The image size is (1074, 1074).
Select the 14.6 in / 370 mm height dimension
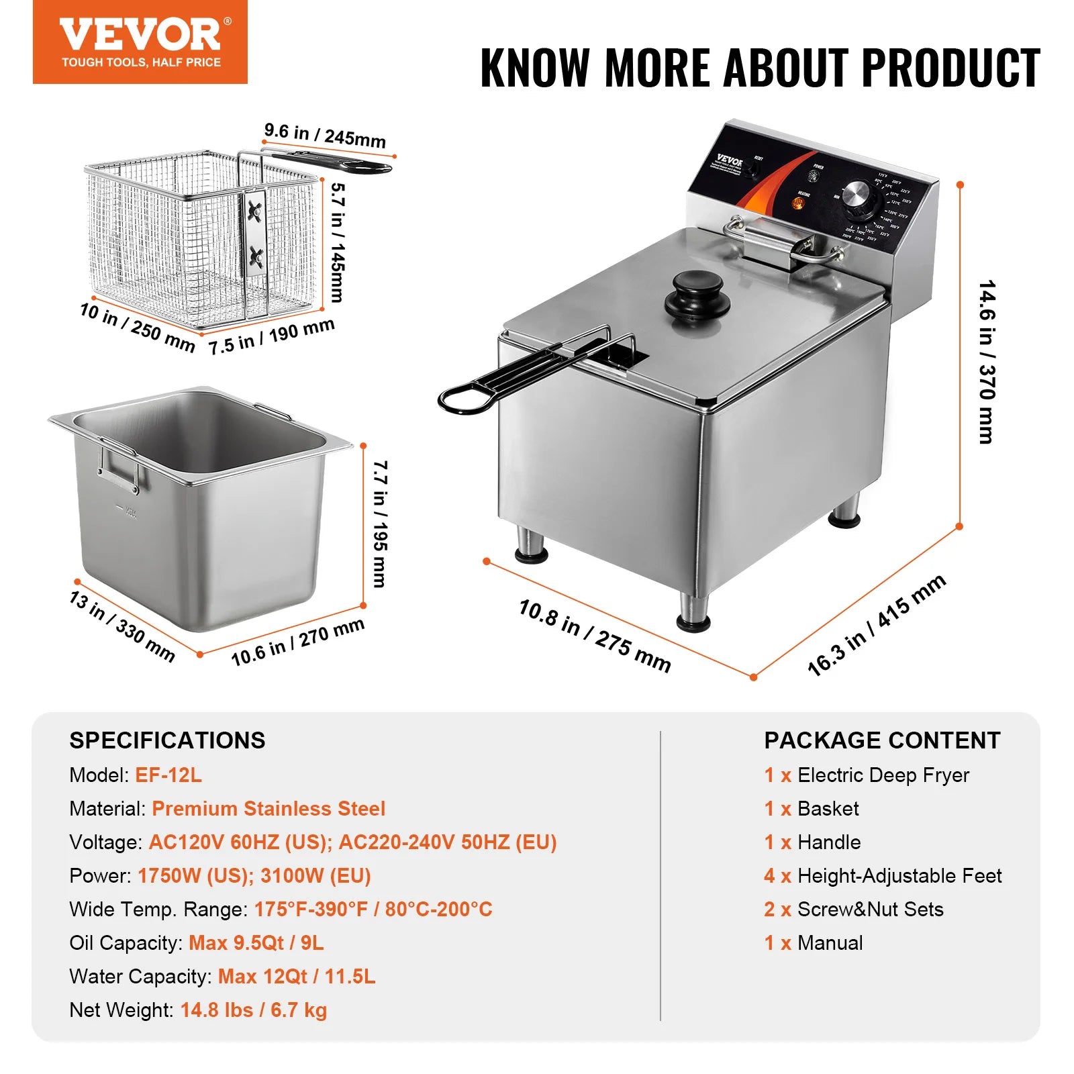(x=986, y=362)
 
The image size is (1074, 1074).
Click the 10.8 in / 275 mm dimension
(x=595, y=635)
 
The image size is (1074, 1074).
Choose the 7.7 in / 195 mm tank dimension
(x=380, y=524)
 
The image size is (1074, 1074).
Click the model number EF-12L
(x=168, y=775)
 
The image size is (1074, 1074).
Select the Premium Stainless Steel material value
(x=268, y=809)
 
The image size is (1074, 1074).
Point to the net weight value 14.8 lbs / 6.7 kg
(x=254, y=1010)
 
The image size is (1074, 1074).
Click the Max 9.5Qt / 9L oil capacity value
(x=256, y=943)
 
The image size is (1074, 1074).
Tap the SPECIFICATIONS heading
(x=167, y=740)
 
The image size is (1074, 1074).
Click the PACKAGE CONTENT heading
(x=882, y=740)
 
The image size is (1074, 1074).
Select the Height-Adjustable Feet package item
(x=899, y=876)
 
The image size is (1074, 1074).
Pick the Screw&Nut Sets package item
(x=870, y=910)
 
